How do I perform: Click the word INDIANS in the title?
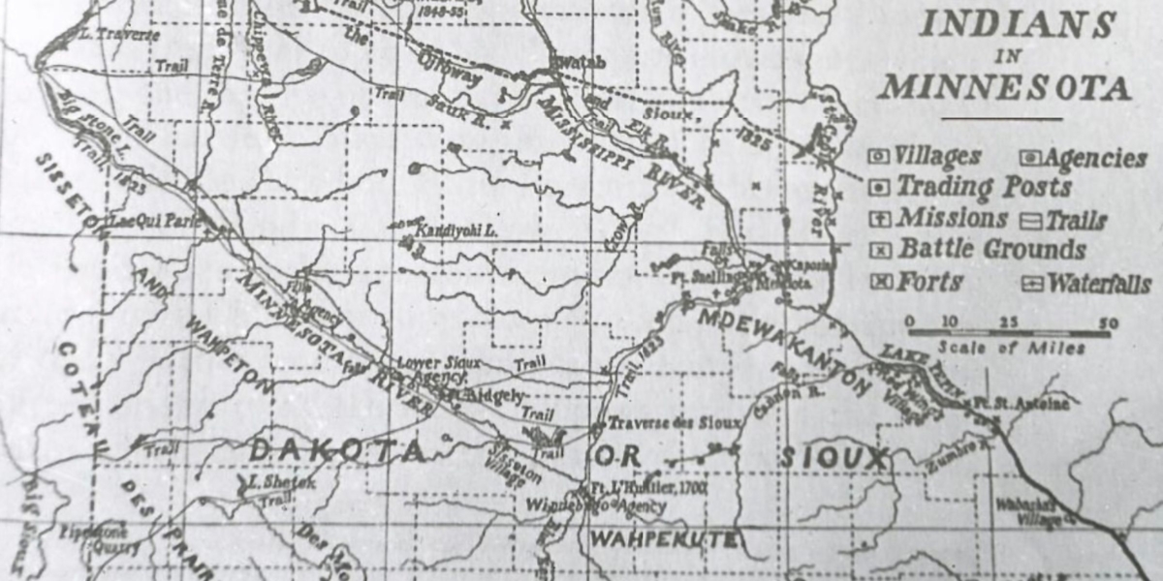pyautogui.click(x=1017, y=25)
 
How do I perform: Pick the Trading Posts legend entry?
pyautogui.click(x=983, y=186)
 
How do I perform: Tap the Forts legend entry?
pyautogui.click(x=928, y=282)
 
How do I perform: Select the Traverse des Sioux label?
pyautogui.click(x=674, y=423)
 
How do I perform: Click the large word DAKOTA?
pyautogui.click(x=338, y=449)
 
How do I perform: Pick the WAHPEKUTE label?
pyautogui.click(x=664, y=538)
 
